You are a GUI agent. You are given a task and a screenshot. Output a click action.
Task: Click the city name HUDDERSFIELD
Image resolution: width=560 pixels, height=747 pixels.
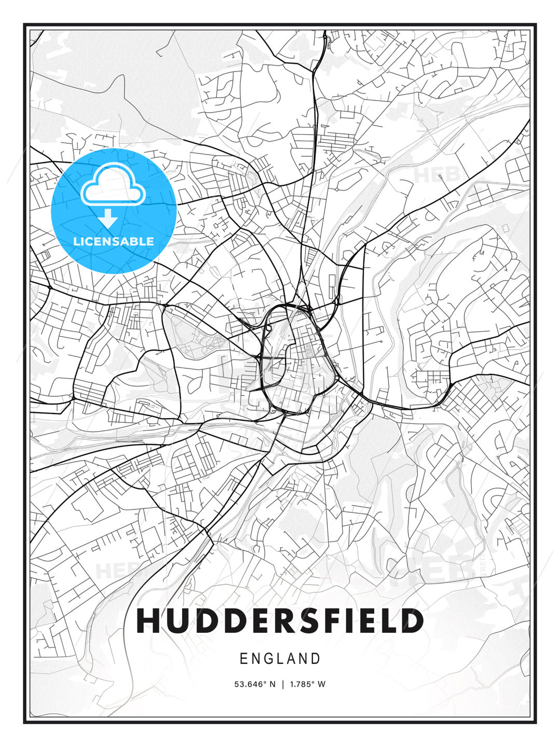coord(280,621)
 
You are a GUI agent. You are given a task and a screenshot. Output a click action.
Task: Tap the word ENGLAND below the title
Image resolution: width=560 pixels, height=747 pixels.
coord(280,659)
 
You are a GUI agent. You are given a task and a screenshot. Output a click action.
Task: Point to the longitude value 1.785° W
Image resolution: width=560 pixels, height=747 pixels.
coord(308,684)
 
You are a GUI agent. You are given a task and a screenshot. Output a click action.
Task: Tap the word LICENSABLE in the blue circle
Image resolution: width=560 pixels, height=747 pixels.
coord(114,241)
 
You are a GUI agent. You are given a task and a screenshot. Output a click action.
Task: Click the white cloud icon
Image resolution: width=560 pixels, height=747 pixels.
coord(113,185)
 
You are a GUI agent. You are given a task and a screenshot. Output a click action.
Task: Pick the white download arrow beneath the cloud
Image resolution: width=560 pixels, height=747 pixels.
coord(108,218)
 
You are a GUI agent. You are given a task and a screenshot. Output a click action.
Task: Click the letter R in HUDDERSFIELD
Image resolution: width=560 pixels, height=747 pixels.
coord(285,621)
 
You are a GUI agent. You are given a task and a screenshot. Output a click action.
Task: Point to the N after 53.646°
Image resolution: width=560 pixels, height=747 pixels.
coord(273,684)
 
